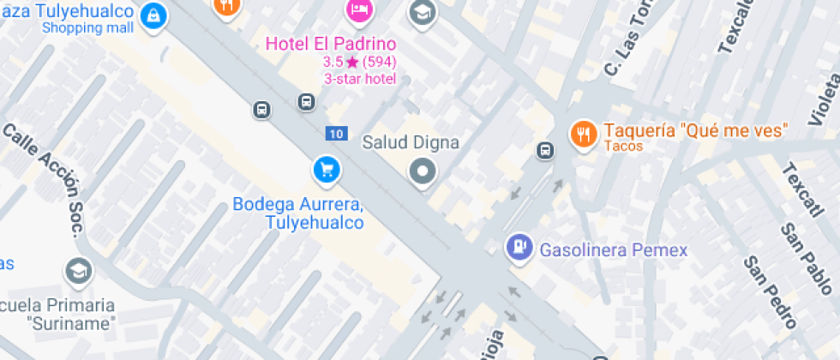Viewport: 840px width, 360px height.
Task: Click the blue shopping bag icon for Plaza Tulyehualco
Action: (x=153, y=15)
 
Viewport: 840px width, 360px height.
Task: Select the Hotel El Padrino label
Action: (x=331, y=44)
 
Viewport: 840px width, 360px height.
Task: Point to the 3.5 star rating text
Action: (x=359, y=62)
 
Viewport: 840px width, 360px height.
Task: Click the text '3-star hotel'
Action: (x=359, y=79)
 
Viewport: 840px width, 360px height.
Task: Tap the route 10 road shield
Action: (x=336, y=133)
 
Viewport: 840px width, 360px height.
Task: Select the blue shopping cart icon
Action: (x=326, y=169)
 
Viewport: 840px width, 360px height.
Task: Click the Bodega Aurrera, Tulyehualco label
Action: (x=298, y=213)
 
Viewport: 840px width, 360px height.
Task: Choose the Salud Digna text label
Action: (x=411, y=142)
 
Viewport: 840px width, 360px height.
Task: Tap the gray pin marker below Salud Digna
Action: (x=422, y=172)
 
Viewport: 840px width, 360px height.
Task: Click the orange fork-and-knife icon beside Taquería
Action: (x=584, y=133)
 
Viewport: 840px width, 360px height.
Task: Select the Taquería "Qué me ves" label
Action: (x=695, y=131)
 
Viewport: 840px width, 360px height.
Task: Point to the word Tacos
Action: (x=623, y=147)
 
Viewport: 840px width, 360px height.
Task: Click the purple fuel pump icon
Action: (x=519, y=248)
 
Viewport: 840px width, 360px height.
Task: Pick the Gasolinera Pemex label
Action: (x=614, y=250)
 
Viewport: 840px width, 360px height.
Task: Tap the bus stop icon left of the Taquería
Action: (x=544, y=151)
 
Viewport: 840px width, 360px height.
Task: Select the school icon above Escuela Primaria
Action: (x=79, y=273)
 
